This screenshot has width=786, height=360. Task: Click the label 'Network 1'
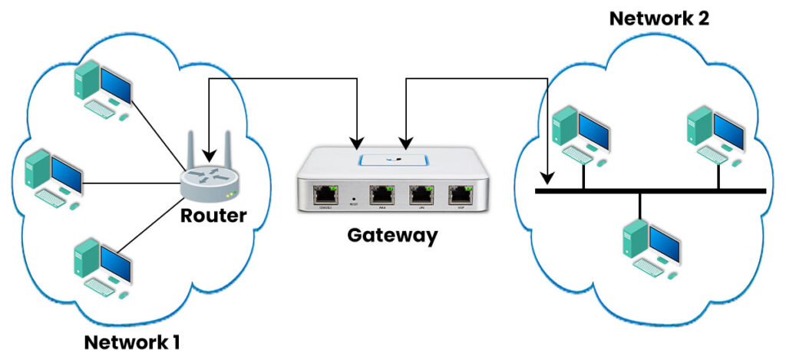[x=133, y=342]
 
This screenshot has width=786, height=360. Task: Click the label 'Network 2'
[x=659, y=17]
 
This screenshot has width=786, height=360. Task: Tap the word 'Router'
[x=213, y=216]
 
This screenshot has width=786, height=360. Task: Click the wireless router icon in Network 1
[x=208, y=177]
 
